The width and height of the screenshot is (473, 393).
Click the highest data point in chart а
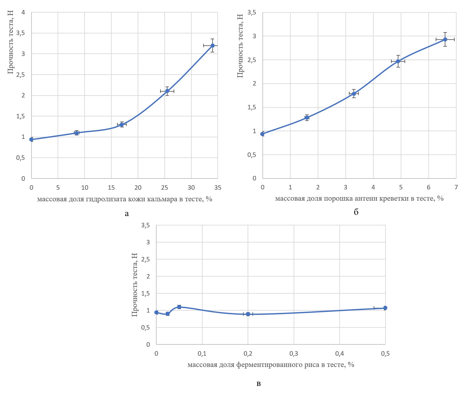tap(213, 46)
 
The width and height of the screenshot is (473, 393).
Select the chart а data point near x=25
tap(167, 91)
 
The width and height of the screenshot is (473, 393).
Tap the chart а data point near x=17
tap(122, 124)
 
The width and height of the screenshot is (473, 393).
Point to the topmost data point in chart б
tap(445, 40)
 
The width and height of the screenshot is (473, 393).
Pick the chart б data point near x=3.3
tap(354, 94)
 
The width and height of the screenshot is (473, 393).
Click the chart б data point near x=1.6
tap(307, 118)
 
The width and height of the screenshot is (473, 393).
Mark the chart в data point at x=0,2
tap(248, 314)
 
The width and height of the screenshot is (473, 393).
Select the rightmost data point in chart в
tap(385, 308)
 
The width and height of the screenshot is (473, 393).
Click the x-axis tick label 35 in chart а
tap(218, 188)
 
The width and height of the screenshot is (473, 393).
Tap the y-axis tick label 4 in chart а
tap(23, 13)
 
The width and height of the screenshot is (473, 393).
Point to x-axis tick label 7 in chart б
tap(456, 187)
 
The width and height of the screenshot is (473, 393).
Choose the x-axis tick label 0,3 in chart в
tap(294, 354)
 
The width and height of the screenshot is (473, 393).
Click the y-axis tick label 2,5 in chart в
tap(146, 260)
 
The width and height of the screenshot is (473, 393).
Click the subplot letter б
tap(356, 212)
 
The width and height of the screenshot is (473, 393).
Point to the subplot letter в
tap(259, 384)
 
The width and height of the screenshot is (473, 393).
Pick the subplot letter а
tap(127, 214)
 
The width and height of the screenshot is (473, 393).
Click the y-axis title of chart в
tap(135, 285)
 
